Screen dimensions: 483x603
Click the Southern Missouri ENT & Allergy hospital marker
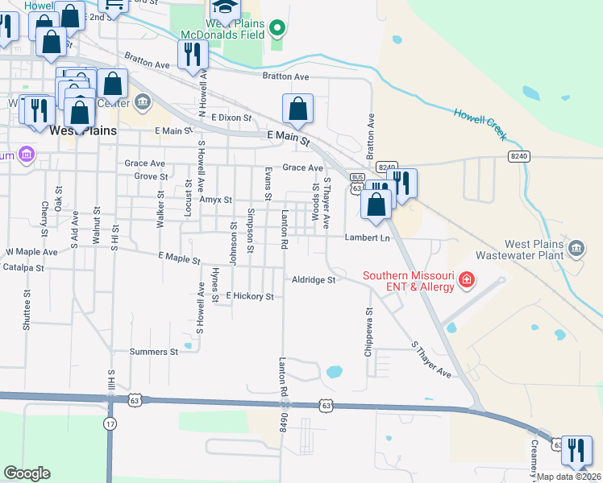click(466, 280)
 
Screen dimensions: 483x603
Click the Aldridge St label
click(314, 279)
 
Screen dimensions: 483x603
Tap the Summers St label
click(154, 352)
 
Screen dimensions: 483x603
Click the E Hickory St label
click(250, 296)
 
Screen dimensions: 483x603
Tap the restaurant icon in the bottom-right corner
click(576, 450)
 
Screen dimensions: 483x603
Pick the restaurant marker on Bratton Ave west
click(193, 54)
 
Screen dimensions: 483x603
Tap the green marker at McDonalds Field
click(277, 30)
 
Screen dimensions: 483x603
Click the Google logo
click(27, 473)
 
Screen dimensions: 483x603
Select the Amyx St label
click(216, 200)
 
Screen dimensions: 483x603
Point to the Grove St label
click(151, 176)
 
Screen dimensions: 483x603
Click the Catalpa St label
click(23, 266)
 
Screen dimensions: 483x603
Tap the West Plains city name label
click(82, 130)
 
